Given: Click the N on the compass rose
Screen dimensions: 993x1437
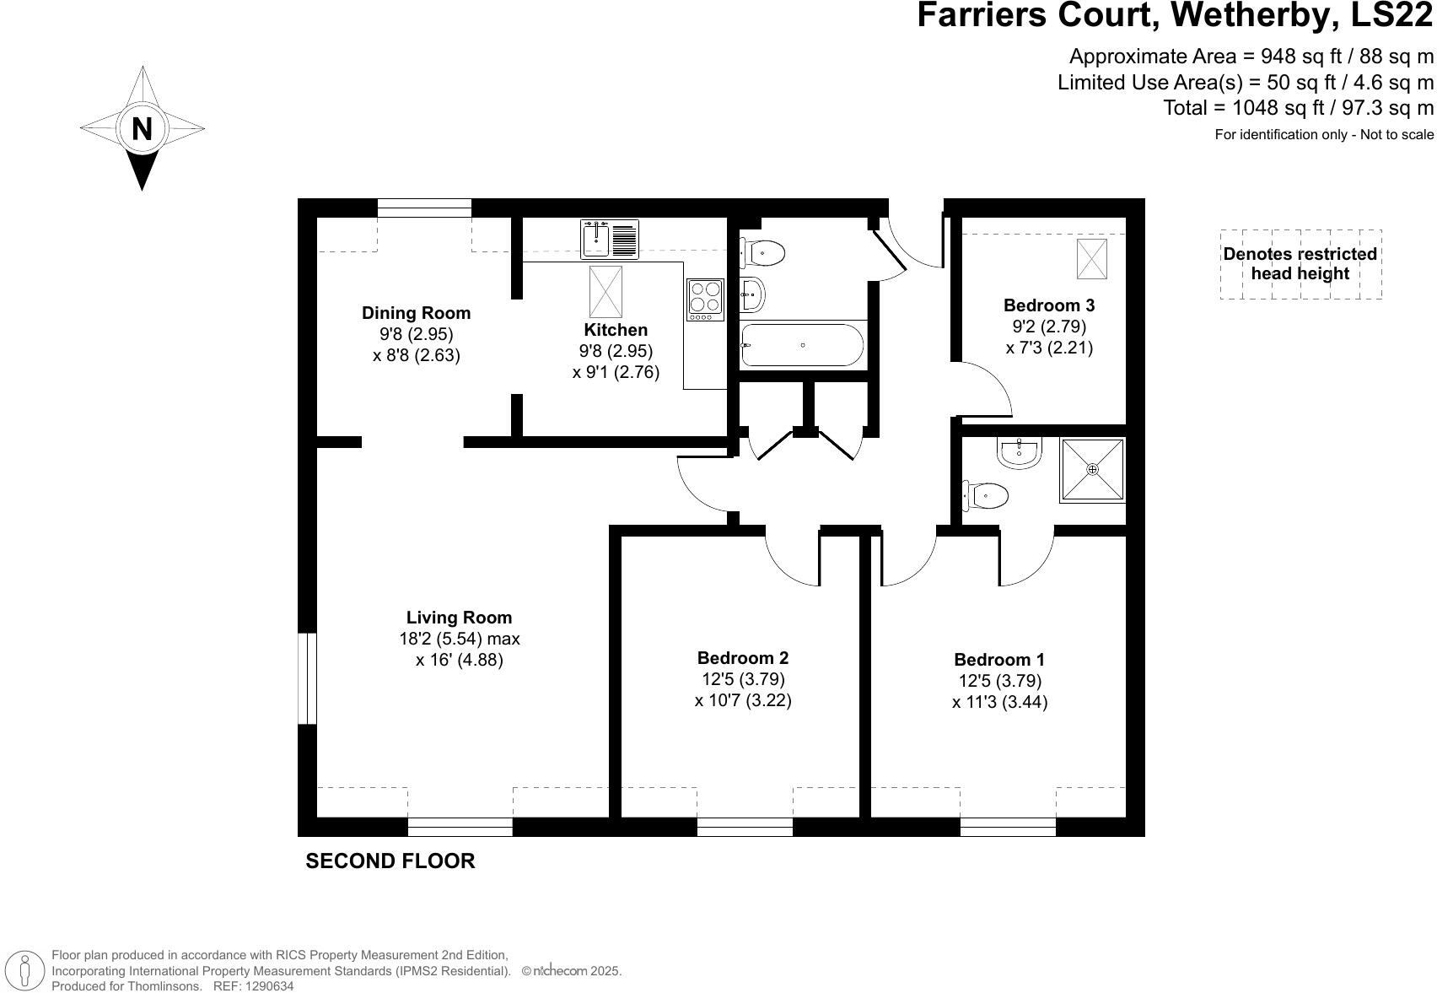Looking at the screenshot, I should point(142,129).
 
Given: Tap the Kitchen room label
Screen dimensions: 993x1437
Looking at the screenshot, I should point(616,330).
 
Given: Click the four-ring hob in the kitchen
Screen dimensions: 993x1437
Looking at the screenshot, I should point(706,299).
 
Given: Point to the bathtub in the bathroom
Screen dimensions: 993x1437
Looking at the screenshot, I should point(802,345).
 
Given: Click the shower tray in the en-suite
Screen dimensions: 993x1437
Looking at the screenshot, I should point(1093,469).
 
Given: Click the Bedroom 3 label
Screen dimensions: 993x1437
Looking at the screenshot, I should point(1049,305).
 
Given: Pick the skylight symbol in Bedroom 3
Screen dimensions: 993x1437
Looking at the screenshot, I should point(1091,259).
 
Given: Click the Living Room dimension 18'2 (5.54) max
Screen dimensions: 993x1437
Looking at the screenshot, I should point(460,639).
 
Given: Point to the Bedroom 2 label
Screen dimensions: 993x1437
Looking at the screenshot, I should point(743,657).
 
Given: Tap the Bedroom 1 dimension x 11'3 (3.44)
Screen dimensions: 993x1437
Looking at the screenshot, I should point(1000,702).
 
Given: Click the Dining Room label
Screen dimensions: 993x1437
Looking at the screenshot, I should point(416,313).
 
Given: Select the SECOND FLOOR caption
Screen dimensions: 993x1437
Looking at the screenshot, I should point(390,861).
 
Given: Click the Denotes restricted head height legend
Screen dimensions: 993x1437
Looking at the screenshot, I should point(1300,264).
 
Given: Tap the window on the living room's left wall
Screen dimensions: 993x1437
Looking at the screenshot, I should point(308,678).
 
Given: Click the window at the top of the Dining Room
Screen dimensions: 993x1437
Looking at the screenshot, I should point(424,208).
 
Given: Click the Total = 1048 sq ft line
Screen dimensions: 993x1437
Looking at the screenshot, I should point(1298,108).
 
